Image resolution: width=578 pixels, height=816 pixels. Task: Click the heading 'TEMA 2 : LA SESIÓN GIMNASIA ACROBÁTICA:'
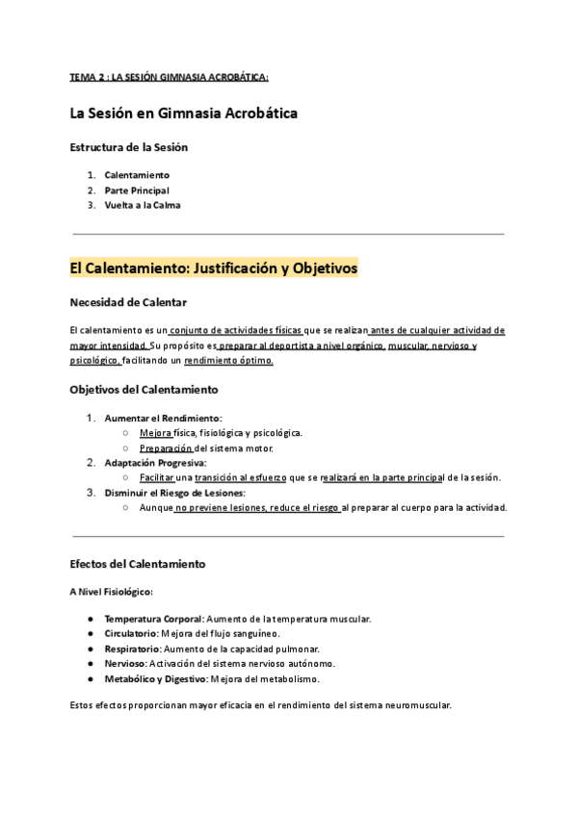coord(169,77)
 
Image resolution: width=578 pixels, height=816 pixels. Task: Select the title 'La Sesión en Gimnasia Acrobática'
coord(183,114)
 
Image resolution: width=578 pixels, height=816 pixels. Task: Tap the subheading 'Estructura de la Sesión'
coord(128,147)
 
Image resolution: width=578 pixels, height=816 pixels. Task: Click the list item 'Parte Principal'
coord(137,190)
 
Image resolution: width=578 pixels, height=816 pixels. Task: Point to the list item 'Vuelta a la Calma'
coord(142,204)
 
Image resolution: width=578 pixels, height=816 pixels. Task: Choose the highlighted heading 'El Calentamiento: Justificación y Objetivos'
coord(214,268)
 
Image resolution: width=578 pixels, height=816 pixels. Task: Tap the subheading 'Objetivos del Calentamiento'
coord(144,390)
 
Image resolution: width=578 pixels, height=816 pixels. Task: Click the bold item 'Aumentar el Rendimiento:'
coord(163,418)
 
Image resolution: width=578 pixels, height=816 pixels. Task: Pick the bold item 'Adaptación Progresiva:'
coord(155,463)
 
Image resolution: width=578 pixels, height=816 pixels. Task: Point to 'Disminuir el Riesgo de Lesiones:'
coord(175,493)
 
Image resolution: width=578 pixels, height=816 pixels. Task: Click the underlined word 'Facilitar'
coord(157,477)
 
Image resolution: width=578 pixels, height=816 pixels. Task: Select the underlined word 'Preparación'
coord(166,447)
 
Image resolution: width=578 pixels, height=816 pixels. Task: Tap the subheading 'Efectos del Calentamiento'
coord(138,563)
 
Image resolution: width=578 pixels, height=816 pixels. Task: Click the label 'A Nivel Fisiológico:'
coord(112,591)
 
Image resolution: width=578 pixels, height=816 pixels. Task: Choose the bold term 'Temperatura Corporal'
coord(153,618)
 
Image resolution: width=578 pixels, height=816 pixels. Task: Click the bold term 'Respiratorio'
coord(132,649)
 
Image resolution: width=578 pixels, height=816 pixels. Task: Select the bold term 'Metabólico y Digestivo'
coord(155,678)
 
